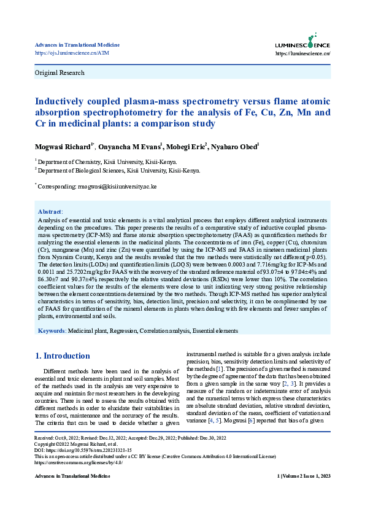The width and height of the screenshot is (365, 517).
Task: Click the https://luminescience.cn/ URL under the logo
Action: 303,53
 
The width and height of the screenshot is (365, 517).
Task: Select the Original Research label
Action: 60,72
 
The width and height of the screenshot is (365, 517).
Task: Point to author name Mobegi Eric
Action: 187,147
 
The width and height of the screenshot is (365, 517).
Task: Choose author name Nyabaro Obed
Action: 236,147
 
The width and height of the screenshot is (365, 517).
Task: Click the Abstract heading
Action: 50,211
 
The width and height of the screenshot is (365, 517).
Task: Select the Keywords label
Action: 52,331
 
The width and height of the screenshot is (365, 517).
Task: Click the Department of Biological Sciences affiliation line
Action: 118,170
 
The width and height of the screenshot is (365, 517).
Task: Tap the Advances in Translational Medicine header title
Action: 77,45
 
